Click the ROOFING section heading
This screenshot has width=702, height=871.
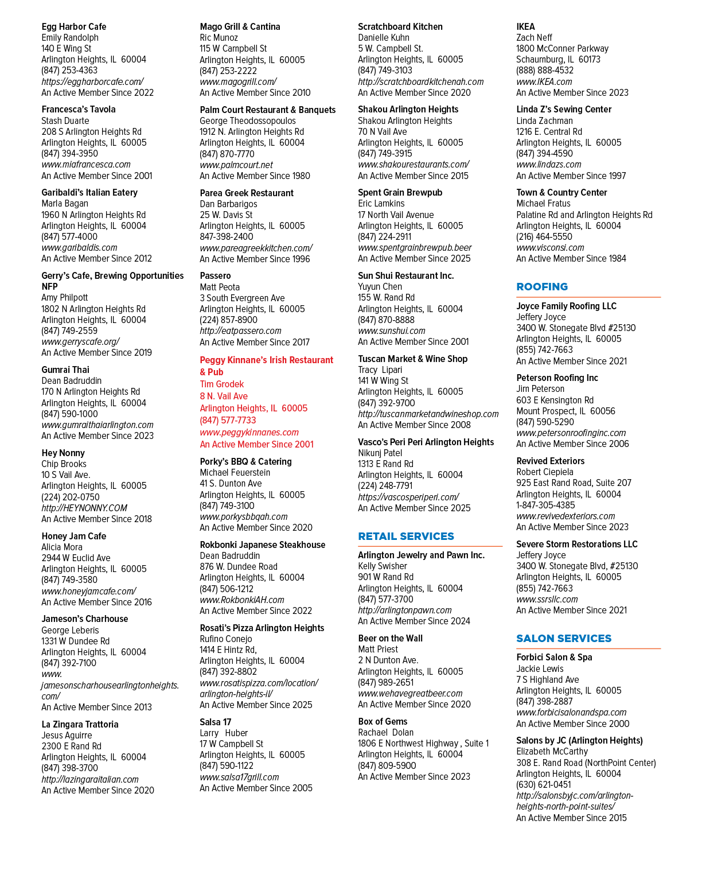point(542,286)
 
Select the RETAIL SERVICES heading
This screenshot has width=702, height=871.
point(406,536)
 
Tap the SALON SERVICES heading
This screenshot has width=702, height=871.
point(564,638)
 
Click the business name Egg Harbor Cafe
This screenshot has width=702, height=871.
point(73,27)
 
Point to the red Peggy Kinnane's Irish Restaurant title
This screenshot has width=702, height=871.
point(267,366)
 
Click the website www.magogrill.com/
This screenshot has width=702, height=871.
point(238,81)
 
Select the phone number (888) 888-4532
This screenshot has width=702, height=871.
point(545,71)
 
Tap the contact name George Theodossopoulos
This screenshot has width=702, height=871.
point(248,120)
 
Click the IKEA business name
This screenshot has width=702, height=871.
point(525,27)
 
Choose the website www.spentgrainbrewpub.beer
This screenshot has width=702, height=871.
point(415,248)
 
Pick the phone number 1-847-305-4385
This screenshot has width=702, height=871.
point(545,505)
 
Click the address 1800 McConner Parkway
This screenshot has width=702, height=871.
point(562,49)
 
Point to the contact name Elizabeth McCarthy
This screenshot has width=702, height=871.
point(552,752)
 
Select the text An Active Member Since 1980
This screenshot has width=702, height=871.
point(255,176)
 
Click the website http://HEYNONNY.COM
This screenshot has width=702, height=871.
point(84,508)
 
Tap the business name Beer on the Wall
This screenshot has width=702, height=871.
point(390,638)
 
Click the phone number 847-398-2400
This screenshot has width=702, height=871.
point(226,237)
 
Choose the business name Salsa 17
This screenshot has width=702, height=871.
point(215,722)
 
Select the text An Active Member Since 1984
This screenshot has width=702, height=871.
point(571,259)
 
